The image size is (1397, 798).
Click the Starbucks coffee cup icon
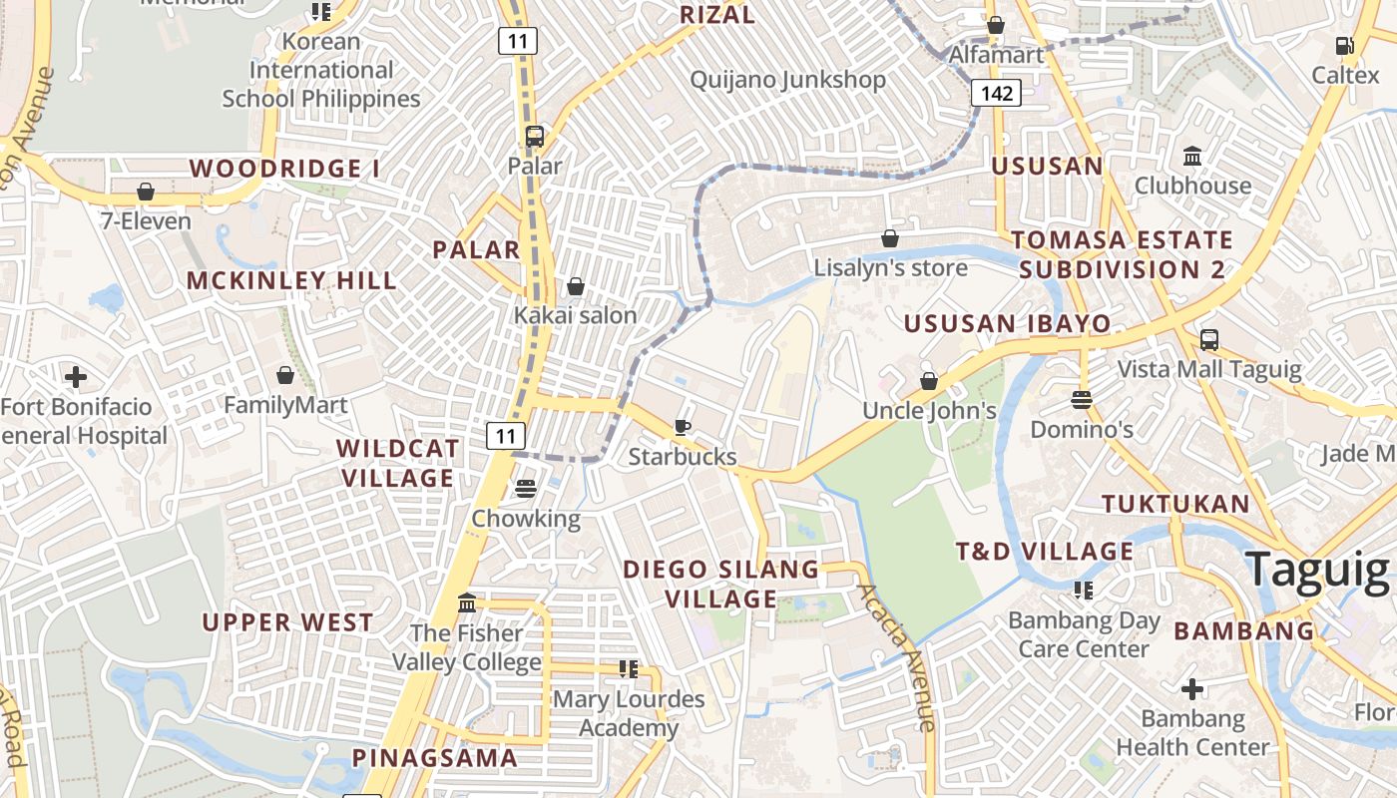(x=683, y=427)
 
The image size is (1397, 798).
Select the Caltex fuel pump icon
(x=1344, y=45)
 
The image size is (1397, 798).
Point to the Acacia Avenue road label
(x=897, y=658)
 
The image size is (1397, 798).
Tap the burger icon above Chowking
(x=525, y=489)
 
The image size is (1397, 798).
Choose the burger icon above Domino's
(x=1081, y=400)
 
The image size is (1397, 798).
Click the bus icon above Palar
(x=535, y=137)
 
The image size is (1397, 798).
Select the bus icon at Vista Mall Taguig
(x=1208, y=340)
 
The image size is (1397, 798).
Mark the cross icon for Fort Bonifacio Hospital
(x=75, y=377)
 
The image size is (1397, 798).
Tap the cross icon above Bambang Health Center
(x=1191, y=689)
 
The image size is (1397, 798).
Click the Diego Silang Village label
(x=720, y=585)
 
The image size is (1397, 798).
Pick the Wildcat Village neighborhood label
(x=398, y=463)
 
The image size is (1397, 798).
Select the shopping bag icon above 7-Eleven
(x=146, y=191)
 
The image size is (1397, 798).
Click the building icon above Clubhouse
(x=1191, y=157)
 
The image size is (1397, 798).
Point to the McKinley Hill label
(x=291, y=280)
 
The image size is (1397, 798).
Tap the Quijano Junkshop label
(x=787, y=80)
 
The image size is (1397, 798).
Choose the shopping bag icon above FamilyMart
(x=285, y=375)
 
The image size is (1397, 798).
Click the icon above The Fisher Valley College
(x=466, y=603)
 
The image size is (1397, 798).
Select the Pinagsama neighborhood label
(x=435, y=758)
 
